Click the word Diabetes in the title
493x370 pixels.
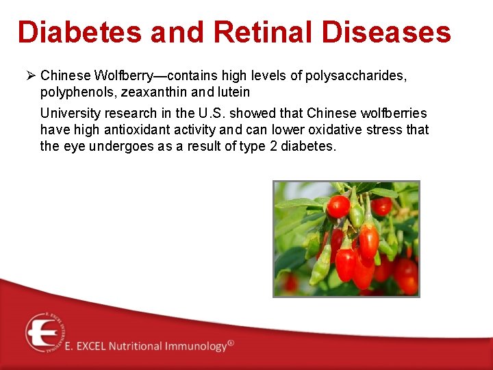pos(81,32)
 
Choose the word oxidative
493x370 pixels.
pos(321,129)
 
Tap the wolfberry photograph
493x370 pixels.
pos(346,238)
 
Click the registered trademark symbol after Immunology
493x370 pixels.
pos(231,343)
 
